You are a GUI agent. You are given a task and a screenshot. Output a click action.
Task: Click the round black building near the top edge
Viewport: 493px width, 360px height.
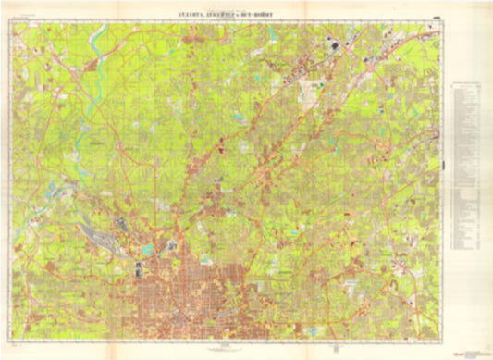tap(330, 43)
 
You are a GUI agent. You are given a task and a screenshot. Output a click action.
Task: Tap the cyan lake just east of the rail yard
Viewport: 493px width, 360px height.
tap(146, 251)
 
